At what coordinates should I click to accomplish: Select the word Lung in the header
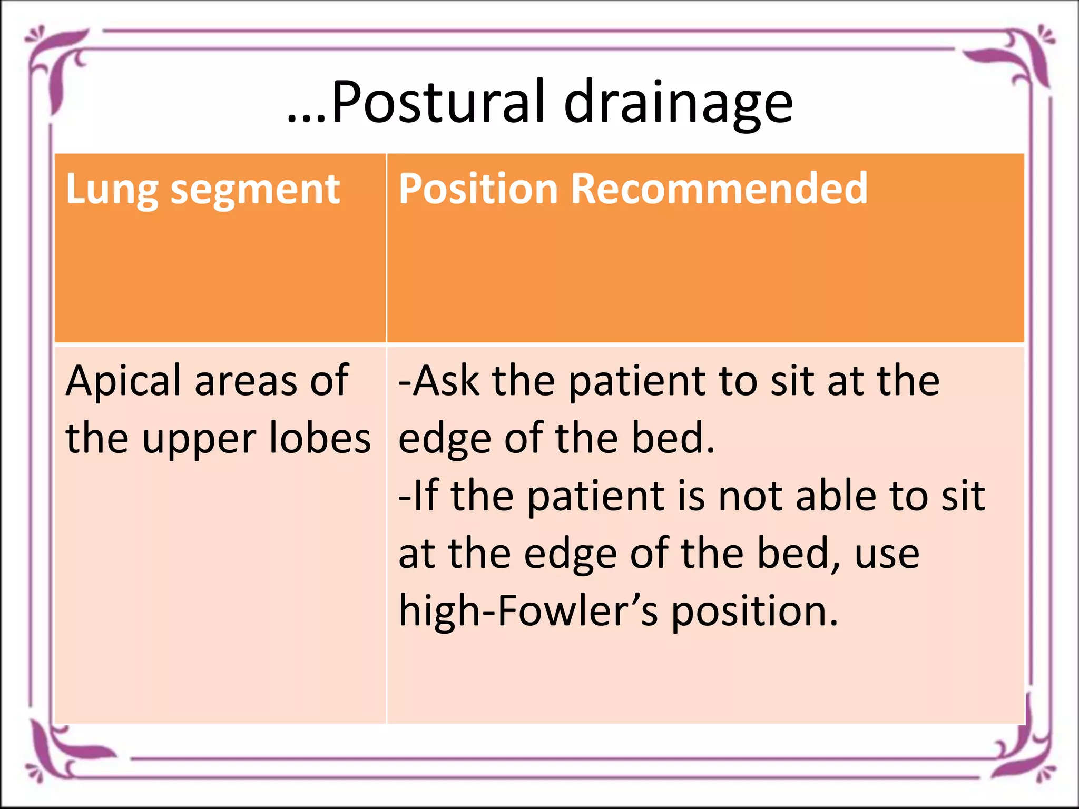point(111,190)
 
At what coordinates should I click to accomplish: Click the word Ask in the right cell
point(445,381)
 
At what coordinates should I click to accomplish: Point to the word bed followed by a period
point(672,438)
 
